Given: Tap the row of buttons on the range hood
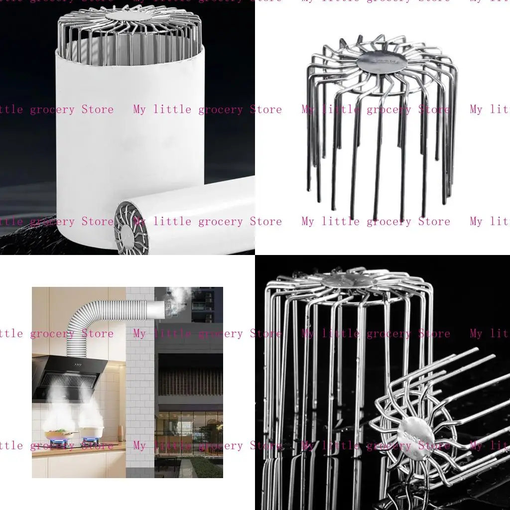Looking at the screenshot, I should (x=79, y=365).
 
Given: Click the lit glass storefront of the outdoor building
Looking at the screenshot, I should (x=189, y=428).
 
